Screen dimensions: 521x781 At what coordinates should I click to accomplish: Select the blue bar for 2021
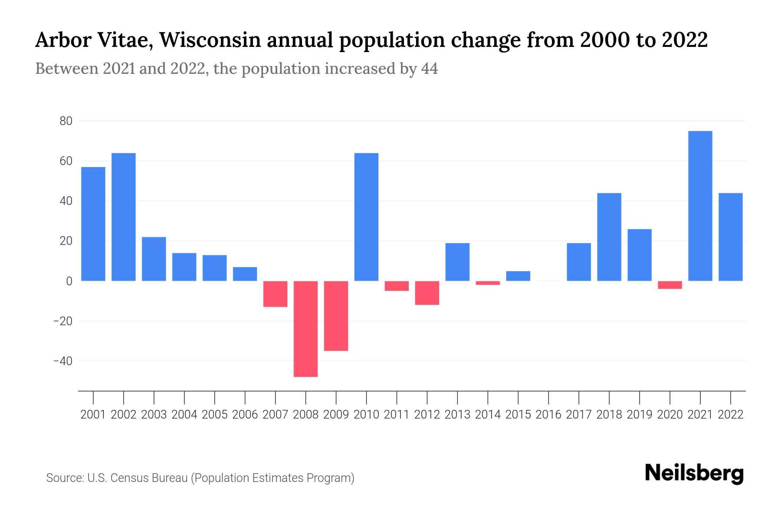(x=700, y=206)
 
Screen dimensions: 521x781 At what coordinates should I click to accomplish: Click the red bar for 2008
(x=306, y=329)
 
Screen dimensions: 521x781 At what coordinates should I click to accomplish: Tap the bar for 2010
(x=366, y=217)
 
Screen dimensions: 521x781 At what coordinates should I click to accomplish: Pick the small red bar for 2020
(x=670, y=285)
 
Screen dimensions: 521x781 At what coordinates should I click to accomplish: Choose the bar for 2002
(x=124, y=217)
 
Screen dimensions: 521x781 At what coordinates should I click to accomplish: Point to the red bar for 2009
(x=336, y=316)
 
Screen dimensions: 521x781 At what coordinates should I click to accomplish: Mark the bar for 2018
(x=609, y=237)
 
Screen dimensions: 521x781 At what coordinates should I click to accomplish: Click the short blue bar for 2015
(x=518, y=276)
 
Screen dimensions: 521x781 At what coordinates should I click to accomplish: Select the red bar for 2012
(x=427, y=293)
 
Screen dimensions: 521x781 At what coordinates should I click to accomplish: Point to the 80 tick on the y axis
(x=66, y=121)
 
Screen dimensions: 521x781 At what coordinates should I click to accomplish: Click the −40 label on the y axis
(x=62, y=361)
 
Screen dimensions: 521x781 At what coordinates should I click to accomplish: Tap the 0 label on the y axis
(x=69, y=281)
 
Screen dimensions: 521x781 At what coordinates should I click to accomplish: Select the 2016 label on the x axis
(x=548, y=415)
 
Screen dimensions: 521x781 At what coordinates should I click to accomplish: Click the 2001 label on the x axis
(x=93, y=415)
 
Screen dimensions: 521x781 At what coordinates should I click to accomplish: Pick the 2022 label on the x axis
(x=731, y=415)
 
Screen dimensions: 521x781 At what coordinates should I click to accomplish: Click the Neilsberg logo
(x=694, y=474)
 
